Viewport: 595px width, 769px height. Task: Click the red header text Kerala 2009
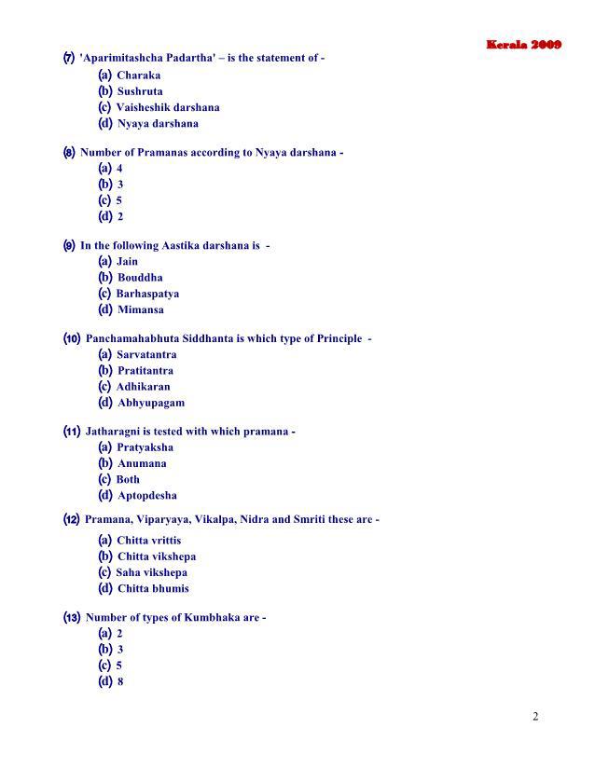[523, 45]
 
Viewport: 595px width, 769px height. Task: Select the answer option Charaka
[138, 76]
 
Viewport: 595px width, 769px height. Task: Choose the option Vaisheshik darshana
[168, 107]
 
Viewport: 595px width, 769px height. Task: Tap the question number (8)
[69, 152]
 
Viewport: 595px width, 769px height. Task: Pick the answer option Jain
[127, 262]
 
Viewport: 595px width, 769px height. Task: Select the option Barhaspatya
[147, 294]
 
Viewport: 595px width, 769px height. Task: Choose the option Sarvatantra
[146, 355]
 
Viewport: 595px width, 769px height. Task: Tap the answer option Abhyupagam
[151, 403]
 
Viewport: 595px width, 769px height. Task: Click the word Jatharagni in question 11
[113, 432]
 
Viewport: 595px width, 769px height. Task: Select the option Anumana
[142, 463]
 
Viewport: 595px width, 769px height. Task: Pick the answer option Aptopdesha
[146, 496]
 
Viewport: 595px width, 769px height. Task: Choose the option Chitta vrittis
[149, 541]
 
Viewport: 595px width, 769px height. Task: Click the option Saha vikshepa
[151, 572]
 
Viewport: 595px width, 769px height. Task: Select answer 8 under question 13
[120, 681]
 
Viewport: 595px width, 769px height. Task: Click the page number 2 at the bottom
[535, 716]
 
